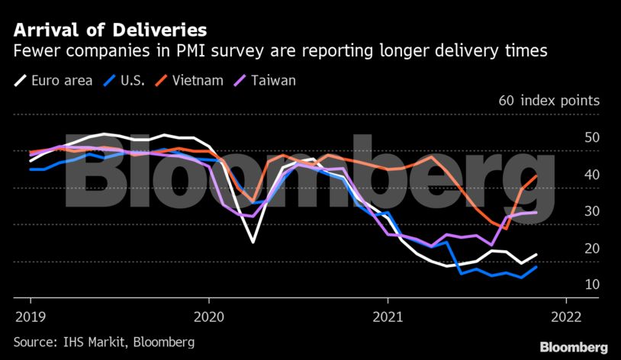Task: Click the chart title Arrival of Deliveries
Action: click(109, 31)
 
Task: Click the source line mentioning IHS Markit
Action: click(104, 342)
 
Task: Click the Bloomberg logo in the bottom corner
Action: click(574, 347)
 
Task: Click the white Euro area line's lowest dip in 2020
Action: click(253, 242)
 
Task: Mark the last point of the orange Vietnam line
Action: click(536, 175)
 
